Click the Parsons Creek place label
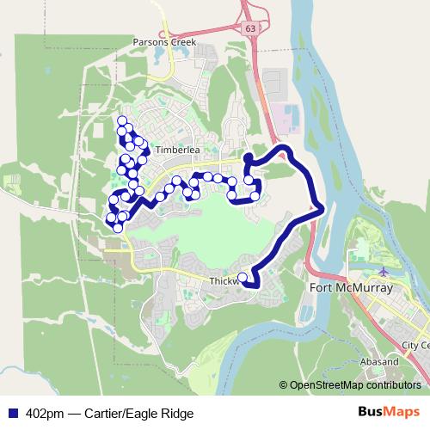165,41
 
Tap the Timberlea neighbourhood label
178,149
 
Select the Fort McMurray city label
349,288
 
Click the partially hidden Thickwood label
223,281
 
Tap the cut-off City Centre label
415,345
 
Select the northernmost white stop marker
122,120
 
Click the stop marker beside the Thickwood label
243,278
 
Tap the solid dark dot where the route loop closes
248,158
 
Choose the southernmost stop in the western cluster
118,228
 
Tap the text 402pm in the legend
46,413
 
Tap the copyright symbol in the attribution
284,384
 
